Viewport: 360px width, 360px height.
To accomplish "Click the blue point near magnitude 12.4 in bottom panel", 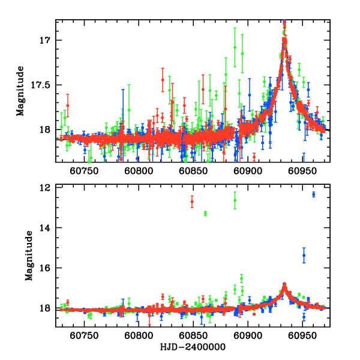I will tap(313, 194).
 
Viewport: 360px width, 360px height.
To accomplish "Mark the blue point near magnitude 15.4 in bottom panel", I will tap(304, 255).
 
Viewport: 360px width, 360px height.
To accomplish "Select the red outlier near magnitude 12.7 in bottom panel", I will tap(192, 202).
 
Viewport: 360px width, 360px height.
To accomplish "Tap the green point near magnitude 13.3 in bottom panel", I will tap(205, 214).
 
